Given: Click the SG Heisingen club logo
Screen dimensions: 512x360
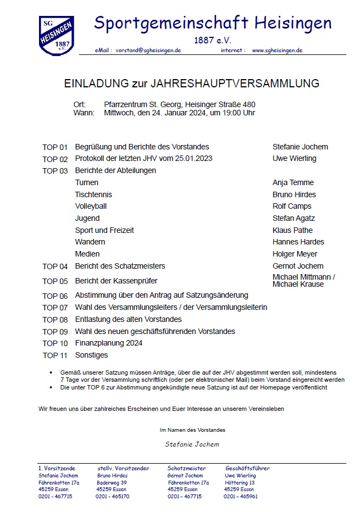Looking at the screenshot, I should (57, 35).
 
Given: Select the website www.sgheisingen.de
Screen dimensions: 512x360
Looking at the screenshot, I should (277, 50).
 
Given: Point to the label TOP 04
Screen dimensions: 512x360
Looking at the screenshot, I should (55, 266).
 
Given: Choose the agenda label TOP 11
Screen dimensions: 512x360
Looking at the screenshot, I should (55, 355).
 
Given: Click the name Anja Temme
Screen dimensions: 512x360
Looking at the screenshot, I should (293, 182).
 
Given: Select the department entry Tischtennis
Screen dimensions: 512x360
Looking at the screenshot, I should (93, 194).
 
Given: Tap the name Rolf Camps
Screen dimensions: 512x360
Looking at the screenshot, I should (292, 207).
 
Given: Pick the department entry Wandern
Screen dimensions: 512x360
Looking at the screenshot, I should (90, 242).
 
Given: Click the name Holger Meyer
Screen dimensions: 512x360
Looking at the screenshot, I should (295, 254).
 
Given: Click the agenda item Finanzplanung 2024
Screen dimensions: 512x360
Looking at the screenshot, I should (109, 343).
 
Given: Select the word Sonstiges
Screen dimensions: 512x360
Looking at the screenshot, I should (91, 355).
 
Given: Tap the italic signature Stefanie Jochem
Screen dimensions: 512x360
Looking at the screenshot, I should (192, 444).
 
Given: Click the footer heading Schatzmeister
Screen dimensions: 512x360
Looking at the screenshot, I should (186, 469).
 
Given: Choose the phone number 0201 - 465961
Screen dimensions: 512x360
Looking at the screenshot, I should (240, 496).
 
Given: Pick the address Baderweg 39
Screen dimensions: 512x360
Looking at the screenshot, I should (112, 482).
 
